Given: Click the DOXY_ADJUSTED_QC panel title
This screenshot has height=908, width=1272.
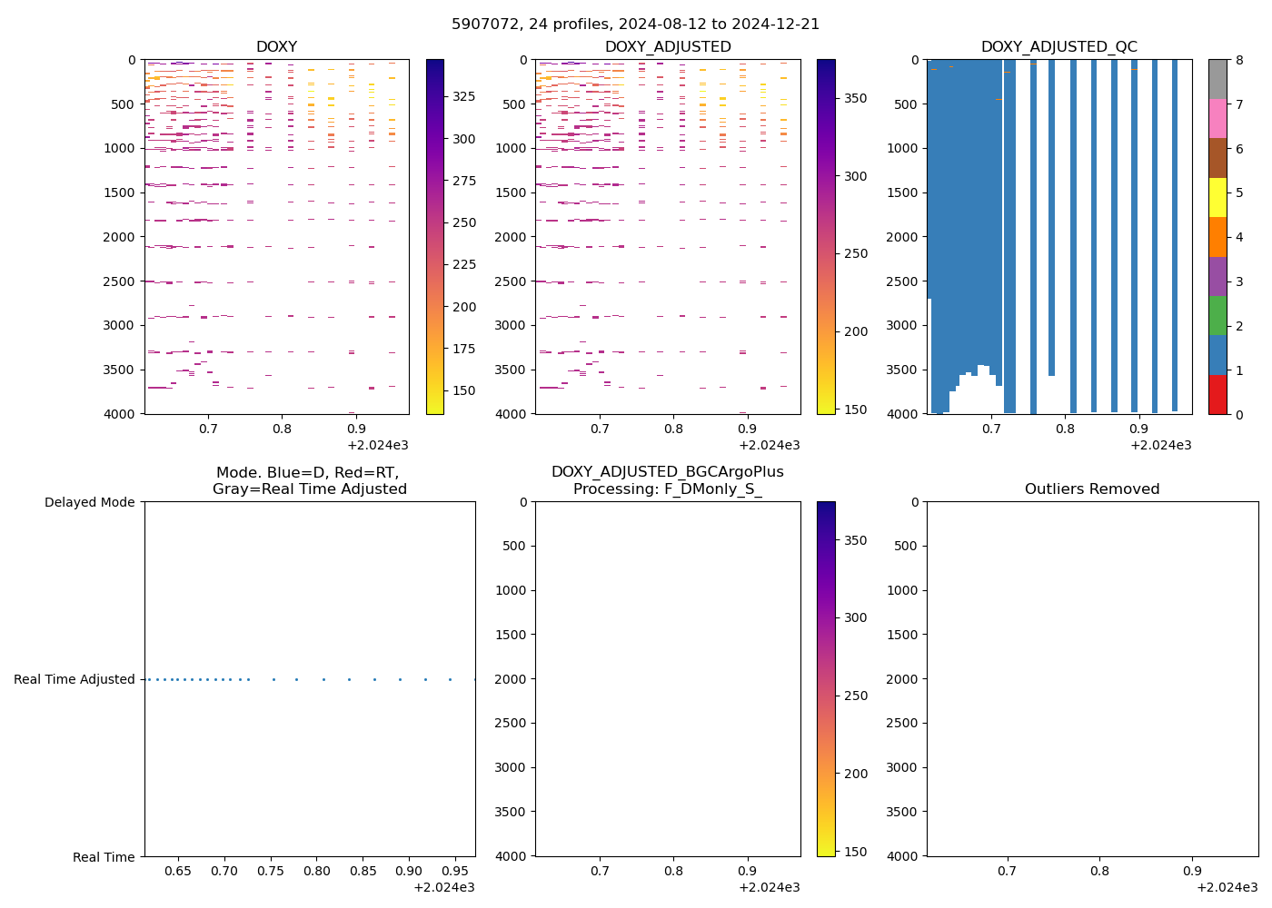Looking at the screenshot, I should click(x=1058, y=47).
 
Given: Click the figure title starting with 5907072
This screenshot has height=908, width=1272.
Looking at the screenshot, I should click(x=635, y=25).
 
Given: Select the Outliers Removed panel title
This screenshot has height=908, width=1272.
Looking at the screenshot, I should click(x=1092, y=489).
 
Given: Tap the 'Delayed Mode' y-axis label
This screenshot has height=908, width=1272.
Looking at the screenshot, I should click(x=89, y=502).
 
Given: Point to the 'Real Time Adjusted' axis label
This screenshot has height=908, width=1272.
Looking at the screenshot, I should click(x=75, y=679).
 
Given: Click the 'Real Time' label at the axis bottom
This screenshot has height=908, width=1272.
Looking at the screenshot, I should click(x=104, y=857).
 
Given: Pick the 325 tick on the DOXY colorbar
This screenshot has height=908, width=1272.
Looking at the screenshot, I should click(x=463, y=96).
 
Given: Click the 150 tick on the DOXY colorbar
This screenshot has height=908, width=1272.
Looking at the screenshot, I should click(x=463, y=390).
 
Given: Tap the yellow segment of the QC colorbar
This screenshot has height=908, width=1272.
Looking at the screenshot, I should click(x=1217, y=197).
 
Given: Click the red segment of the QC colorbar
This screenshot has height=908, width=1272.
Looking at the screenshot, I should click(x=1217, y=394).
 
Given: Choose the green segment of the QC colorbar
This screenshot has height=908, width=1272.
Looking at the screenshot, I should click(x=1217, y=315).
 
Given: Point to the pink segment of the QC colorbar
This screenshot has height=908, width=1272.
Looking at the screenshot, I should click(x=1217, y=118).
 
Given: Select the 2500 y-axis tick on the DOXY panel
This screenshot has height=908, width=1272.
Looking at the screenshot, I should click(x=122, y=281).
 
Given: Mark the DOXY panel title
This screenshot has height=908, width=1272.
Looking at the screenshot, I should click(x=276, y=47).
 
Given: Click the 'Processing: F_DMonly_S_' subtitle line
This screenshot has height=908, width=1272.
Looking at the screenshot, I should click(x=667, y=489).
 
